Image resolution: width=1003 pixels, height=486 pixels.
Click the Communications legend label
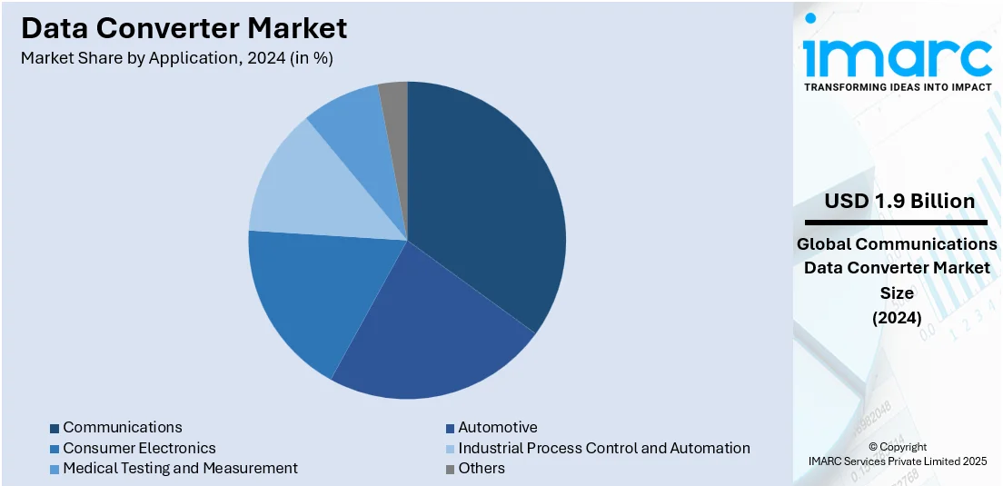[123, 427]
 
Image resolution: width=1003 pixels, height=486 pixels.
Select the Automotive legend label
[498, 427]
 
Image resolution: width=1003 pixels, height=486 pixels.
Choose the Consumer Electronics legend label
[139, 448]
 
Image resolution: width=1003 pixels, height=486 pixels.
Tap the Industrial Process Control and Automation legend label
[604, 448]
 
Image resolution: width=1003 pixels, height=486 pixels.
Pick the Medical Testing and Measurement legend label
[180, 468]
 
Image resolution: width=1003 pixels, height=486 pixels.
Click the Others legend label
[482, 468]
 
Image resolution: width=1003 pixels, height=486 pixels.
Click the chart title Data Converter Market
[184, 28]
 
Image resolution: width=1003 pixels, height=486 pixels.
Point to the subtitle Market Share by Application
[177, 58]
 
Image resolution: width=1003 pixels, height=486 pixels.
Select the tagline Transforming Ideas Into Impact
[898, 87]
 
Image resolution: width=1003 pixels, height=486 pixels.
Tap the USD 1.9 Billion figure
[899, 201]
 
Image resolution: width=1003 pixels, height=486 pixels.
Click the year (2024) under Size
[897, 318]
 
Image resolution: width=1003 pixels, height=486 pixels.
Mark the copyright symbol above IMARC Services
[872, 447]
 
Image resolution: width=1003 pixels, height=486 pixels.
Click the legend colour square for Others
[450, 469]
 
